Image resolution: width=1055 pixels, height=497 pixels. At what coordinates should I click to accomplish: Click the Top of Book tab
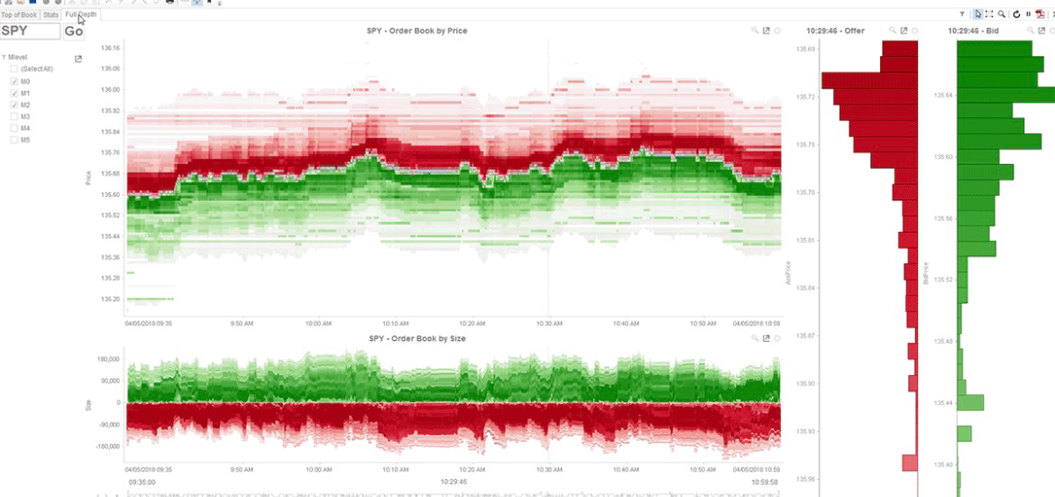[18, 14]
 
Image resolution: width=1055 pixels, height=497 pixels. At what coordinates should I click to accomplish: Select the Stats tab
[50, 14]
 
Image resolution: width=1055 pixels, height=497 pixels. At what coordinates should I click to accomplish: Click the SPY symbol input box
[30, 31]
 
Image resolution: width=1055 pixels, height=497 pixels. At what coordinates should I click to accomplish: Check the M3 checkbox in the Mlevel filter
[14, 116]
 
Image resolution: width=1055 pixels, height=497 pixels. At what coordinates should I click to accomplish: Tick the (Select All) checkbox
[14, 69]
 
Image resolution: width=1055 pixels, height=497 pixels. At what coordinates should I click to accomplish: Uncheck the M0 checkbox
[14, 81]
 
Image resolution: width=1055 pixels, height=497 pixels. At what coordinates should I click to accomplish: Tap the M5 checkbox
[14, 140]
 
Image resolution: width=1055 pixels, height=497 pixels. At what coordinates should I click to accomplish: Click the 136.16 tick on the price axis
[110, 48]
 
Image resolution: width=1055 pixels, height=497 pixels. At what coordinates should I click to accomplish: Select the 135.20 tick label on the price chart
[110, 299]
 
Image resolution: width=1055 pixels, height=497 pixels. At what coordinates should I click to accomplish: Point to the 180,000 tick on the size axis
[108, 359]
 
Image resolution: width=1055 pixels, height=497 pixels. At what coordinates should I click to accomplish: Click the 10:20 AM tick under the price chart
[473, 321]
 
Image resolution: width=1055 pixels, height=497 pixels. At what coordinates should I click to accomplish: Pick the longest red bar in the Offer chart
[869, 80]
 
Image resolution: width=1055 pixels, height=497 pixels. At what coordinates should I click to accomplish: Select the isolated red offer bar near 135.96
[909, 463]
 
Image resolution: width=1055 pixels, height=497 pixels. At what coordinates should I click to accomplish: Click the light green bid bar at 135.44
[970, 402]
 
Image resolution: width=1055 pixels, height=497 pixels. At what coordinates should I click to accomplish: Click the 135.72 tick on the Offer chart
[806, 97]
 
